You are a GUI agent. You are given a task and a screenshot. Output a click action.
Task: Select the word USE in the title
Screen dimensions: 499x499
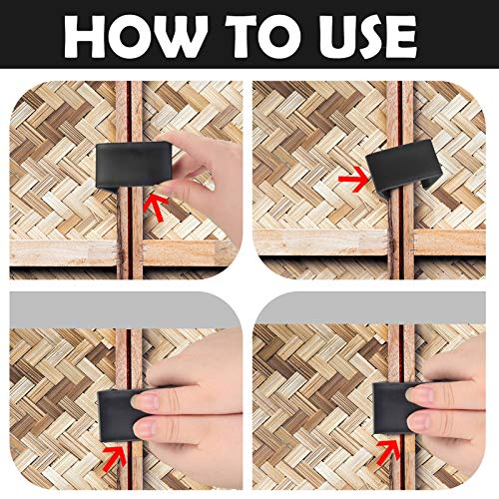(367, 36)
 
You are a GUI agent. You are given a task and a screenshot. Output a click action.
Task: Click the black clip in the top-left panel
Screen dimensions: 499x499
(133, 165)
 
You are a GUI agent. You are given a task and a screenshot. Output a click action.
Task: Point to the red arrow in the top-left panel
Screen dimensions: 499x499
(155, 207)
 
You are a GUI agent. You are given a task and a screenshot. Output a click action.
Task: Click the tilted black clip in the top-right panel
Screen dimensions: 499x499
(403, 169)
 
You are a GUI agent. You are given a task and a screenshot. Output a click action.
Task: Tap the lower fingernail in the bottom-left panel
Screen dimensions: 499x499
(146, 429)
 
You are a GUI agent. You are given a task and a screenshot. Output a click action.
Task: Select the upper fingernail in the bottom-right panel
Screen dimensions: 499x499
(416, 393)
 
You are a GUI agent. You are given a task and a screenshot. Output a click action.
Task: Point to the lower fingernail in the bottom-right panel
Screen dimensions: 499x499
(419, 422)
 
